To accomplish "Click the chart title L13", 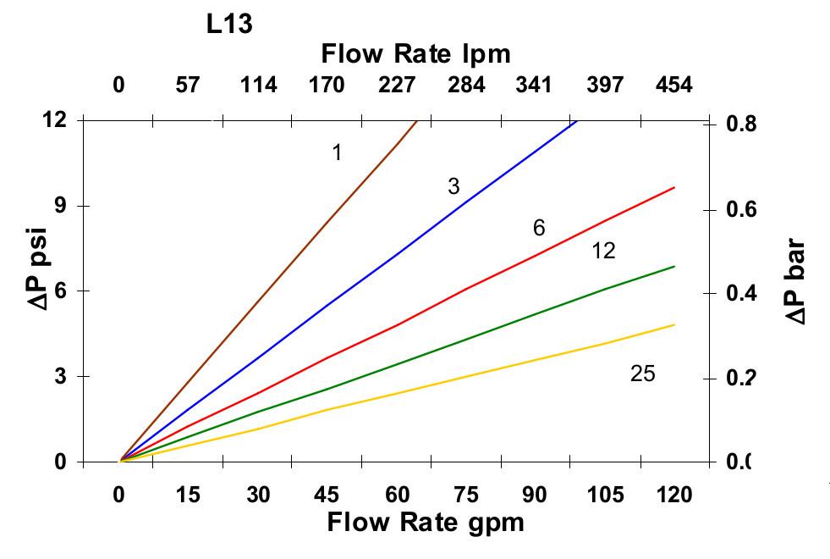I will point(230,25).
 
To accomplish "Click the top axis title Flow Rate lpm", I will point(416,54).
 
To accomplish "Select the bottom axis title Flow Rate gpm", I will point(426,522).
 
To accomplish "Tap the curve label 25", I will point(643,374).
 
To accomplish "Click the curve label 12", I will point(603,252).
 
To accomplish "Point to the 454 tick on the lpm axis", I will point(674,85).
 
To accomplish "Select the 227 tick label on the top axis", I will point(397,85).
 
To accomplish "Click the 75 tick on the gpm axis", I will point(466,495).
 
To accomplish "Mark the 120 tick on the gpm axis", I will point(674,495).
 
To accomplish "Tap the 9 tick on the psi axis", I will point(61,206).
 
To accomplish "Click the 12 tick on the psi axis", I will point(55,119).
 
